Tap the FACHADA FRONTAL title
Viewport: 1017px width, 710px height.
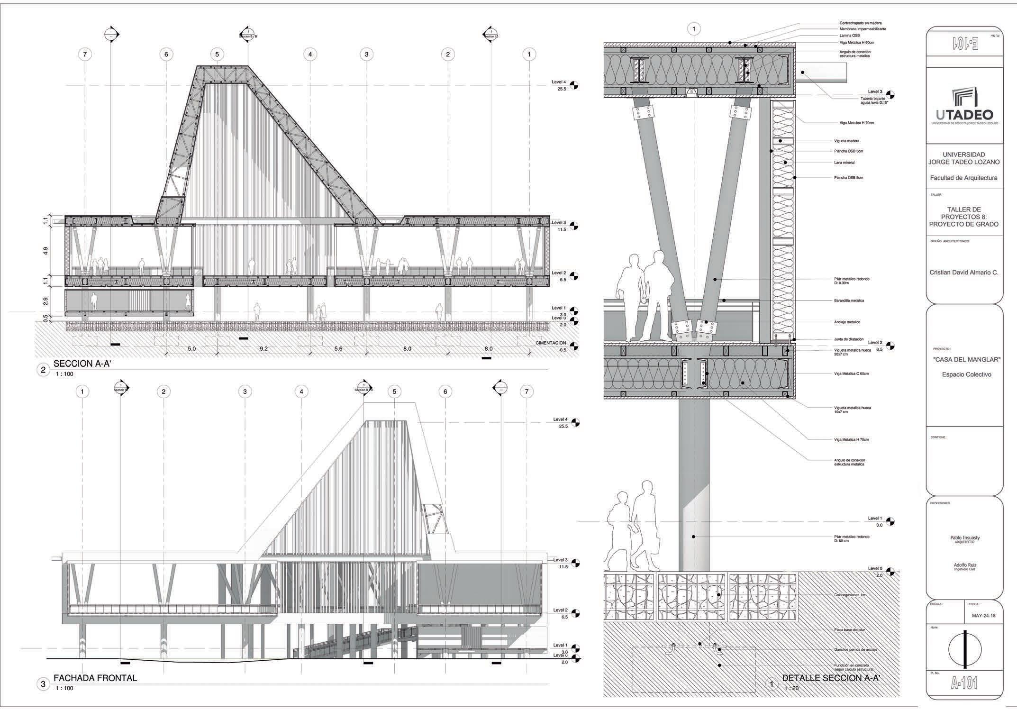95,678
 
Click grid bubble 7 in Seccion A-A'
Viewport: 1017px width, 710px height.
85,55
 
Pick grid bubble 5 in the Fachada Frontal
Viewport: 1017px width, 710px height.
394,391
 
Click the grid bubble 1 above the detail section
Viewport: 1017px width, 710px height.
694,29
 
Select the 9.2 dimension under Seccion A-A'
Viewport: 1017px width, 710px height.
263,349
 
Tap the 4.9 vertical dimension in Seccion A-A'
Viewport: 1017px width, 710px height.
45,251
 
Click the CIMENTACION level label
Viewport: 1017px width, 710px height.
551,343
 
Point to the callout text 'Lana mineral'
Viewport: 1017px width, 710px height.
844,163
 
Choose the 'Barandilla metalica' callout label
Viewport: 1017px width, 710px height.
849,300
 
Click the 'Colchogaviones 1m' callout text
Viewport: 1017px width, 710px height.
850,595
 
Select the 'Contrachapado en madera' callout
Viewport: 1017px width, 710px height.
860,23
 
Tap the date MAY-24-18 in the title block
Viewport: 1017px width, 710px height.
980,616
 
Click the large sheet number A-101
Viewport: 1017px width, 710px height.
964,683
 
